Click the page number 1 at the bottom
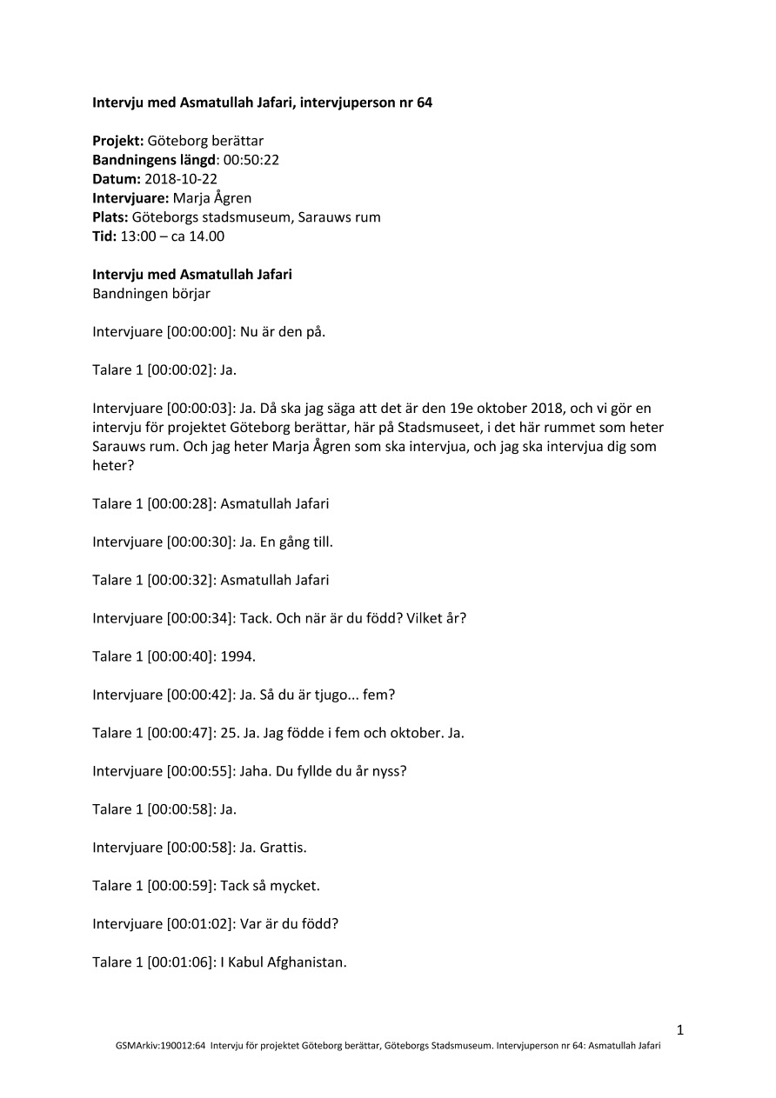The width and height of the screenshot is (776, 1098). click(x=680, y=1030)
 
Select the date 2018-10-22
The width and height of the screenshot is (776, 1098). click(x=181, y=178)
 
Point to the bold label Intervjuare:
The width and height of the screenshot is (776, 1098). click(x=130, y=197)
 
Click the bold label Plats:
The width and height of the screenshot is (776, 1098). click(x=110, y=216)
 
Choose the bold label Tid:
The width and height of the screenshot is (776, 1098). click(x=104, y=236)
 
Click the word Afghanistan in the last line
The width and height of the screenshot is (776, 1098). click(x=308, y=962)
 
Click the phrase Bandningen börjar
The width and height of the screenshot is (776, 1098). click(x=151, y=293)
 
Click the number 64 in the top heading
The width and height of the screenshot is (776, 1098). click(x=424, y=103)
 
